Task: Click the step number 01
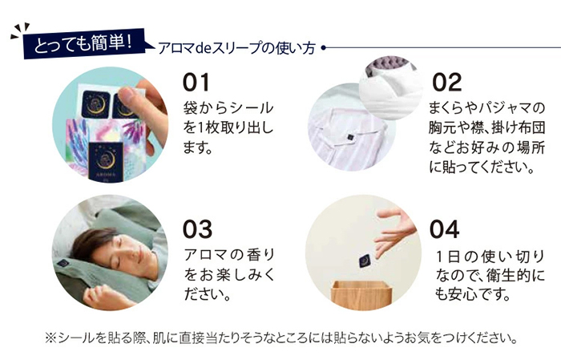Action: pyautogui.click(x=196, y=83)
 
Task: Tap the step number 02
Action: pyautogui.click(x=447, y=83)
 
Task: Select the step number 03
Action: pyautogui.click(x=197, y=229)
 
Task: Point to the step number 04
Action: pyautogui.click(x=444, y=229)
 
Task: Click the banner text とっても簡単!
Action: pyautogui.click(x=83, y=43)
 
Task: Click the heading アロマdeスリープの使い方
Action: pyautogui.click(x=236, y=48)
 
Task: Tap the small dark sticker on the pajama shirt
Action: pyautogui.click(x=350, y=137)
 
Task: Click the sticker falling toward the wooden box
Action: pyautogui.click(x=365, y=261)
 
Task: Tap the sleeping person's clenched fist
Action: pyautogui.click(x=97, y=294)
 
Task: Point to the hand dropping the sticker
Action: pyautogui.click(x=394, y=229)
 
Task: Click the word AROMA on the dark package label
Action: pyautogui.click(x=106, y=175)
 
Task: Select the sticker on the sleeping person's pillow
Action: pyautogui.click(x=63, y=263)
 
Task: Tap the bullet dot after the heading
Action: pyautogui.click(x=324, y=47)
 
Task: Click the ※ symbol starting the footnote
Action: pyautogui.click(x=50, y=338)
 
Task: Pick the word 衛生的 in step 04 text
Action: pyautogui.click(x=510, y=276)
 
